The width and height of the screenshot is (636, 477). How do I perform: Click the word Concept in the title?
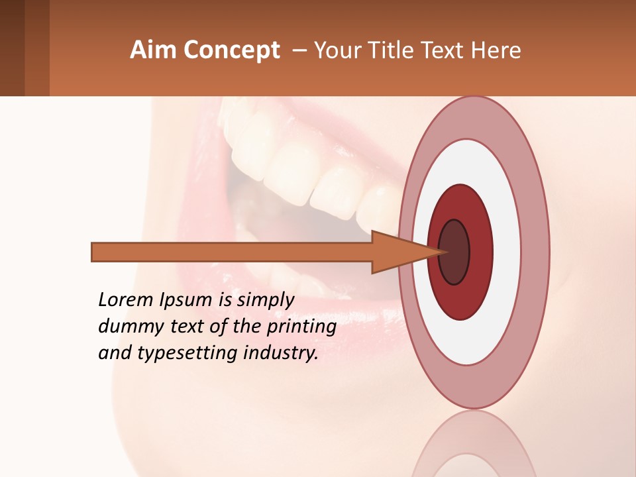231,50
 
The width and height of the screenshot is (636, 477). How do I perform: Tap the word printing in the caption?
301,327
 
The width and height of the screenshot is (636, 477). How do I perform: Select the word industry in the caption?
281,353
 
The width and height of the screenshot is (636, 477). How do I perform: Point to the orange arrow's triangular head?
397,252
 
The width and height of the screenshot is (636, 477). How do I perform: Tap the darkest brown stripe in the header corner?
12,48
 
